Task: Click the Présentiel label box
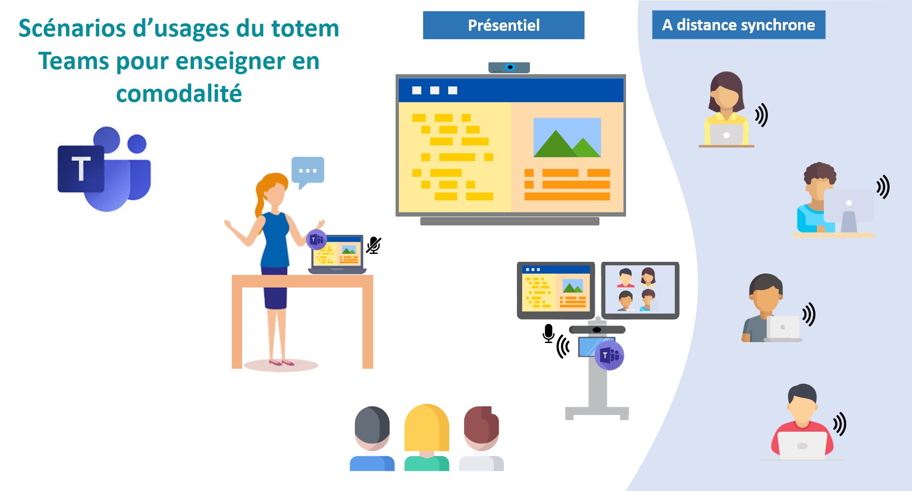tap(503, 25)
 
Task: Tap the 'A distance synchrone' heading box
tap(738, 25)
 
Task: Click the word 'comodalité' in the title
tap(179, 93)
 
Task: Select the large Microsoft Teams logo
tap(104, 168)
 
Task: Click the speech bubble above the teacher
tap(307, 172)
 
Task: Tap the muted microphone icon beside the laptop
tap(374, 245)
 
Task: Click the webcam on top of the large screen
tap(509, 68)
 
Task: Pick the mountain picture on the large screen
tap(567, 137)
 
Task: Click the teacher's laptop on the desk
tap(337, 254)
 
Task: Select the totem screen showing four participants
tap(640, 290)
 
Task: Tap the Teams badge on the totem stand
tap(609, 355)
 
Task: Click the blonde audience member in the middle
tap(426, 437)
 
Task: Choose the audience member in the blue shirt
tap(372, 438)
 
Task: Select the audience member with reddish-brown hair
tap(481, 438)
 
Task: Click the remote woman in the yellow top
tap(726, 109)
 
